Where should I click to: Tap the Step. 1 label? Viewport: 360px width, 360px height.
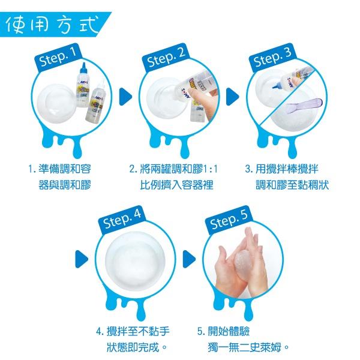point(58,58)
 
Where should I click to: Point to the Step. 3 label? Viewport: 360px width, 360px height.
point(273,58)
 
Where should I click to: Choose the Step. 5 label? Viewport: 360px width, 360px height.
point(229,221)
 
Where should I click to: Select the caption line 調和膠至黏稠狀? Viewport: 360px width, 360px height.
point(292,185)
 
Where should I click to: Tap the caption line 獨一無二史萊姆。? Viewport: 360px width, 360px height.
point(248,347)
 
